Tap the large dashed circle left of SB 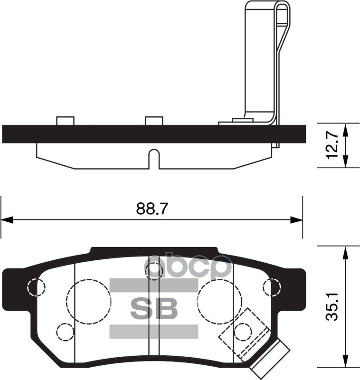point(89,300)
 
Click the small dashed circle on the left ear point(36,286)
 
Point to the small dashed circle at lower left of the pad point(65,331)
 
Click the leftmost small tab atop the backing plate point(65,121)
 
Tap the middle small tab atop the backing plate point(153,121)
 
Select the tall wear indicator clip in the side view point(261,62)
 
